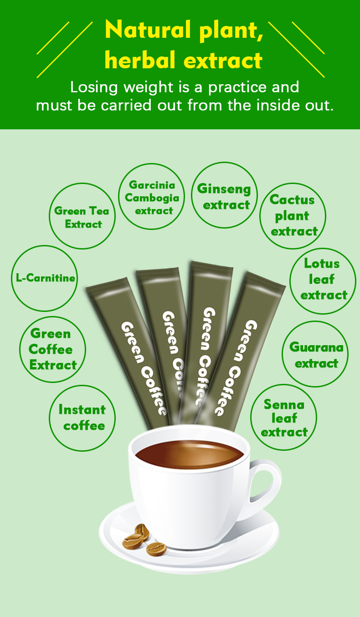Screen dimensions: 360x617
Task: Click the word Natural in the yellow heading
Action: pos(148,30)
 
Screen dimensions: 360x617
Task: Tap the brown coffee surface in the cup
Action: pos(190,454)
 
